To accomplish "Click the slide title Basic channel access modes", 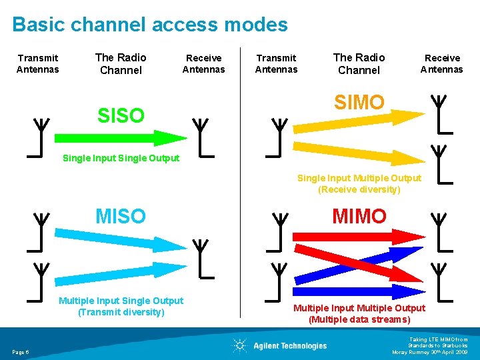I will point(150,25).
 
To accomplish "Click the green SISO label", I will point(121,115).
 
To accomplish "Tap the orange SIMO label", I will point(359,102).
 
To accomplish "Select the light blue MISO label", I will point(120,216).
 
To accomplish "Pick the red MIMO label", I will point(359,216).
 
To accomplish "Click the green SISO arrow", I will point(120,138).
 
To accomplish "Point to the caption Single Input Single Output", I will point(121,158).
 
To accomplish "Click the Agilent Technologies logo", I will point(280,345).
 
